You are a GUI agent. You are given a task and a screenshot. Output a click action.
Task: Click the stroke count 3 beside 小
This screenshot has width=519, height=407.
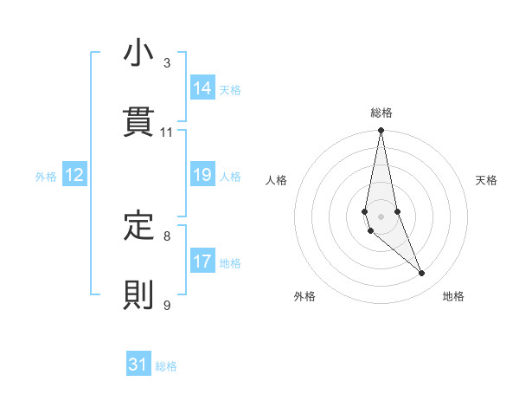click(167, 63)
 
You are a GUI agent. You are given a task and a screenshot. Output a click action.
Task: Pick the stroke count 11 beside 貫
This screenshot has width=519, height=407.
click(167, 132)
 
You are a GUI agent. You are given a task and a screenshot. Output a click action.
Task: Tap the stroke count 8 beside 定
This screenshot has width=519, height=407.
click(167, 236)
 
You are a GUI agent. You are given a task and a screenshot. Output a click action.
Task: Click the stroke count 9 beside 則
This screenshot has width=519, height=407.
click(167, 305)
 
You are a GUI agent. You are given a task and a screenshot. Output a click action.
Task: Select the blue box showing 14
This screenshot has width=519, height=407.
click(202, 88)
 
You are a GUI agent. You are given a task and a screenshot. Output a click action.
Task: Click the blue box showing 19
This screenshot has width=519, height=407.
click(202, 175)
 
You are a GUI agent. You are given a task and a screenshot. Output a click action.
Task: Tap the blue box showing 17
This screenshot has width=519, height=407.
click(202, 261)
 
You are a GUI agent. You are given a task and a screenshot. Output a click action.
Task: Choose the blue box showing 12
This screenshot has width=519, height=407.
click(74, 175)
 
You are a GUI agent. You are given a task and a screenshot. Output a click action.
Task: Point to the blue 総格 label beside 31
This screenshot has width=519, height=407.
click(166, 366)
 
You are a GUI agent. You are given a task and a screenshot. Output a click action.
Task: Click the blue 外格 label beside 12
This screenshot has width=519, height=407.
click(46, 177)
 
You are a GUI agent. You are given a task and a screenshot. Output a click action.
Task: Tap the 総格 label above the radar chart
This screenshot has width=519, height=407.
click(381, 113)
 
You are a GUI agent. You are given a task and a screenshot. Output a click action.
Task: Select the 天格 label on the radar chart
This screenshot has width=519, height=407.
click(487, 180)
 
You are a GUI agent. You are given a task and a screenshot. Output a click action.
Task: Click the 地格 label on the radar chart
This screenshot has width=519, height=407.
click(453, 297)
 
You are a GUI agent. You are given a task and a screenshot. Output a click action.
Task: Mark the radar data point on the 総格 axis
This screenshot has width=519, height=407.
click(381, 131)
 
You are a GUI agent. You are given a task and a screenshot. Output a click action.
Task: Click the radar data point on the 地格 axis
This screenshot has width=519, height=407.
click(422, 274)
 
